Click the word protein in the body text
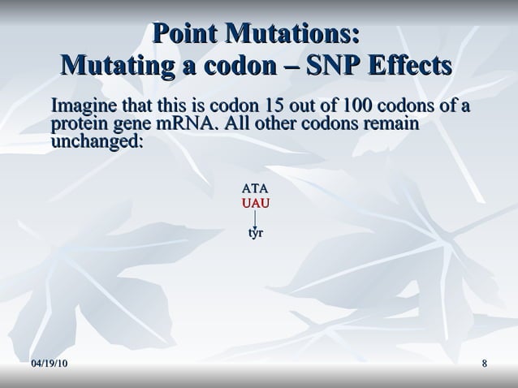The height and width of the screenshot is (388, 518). click(78, 124)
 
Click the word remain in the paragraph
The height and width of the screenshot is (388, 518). click(395, 124)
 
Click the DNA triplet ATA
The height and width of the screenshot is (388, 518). click(256, 188)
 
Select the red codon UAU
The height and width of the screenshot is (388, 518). click(256, 202)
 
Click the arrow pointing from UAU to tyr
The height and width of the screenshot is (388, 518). click(256, 219)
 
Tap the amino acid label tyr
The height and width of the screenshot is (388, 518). click(256, 233)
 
